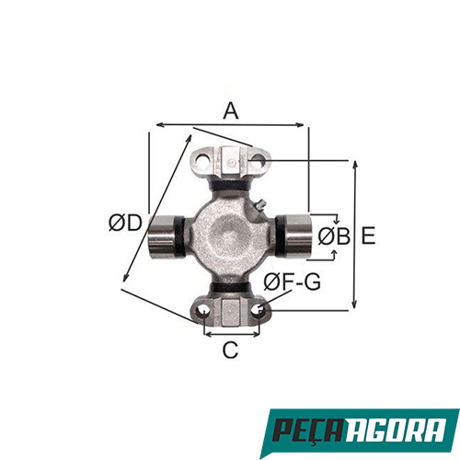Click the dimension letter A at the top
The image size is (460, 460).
[230, 110]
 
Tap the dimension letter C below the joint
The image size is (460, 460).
[230, 350]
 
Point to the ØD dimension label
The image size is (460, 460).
[123, 223]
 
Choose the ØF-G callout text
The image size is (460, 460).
[292, 282]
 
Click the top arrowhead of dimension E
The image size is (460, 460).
[354, 160]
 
